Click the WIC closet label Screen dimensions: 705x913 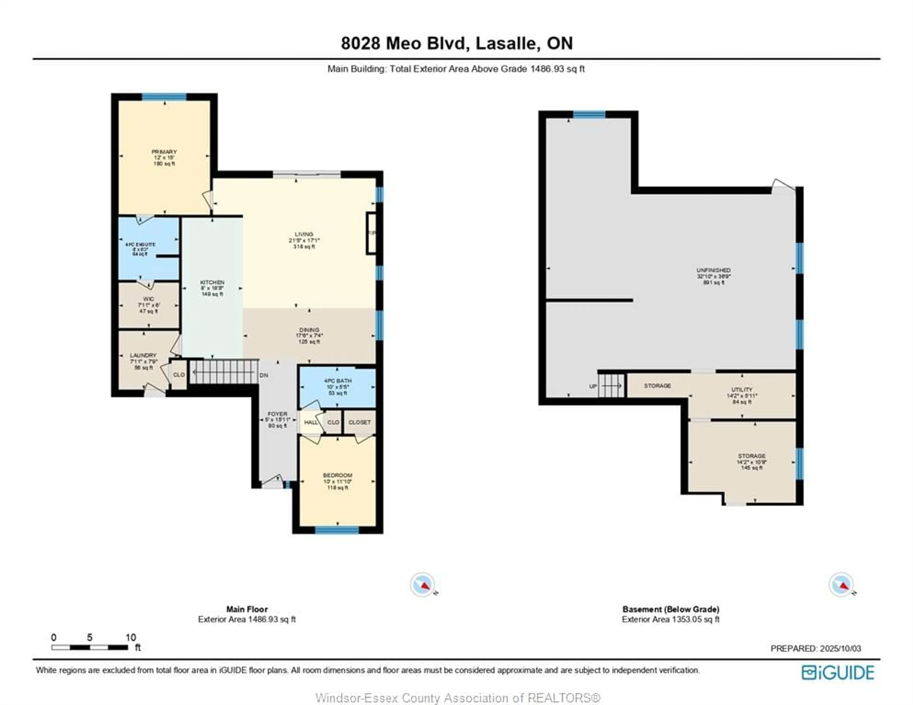pos(148,299)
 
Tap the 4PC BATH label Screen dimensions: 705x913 pos(338,381)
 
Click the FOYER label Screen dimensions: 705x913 pos(277,414)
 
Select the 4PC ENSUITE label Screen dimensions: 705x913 pos(141,245)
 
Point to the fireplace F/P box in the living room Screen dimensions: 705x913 pos(371,233)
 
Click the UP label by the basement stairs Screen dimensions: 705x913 pos(593,386)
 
